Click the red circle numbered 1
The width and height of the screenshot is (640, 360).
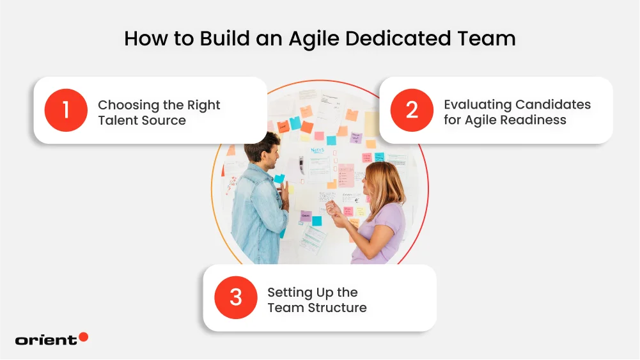click(65, 110)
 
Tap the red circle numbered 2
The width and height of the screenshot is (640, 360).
click(412, 110)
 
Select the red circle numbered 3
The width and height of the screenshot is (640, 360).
click(235, 298)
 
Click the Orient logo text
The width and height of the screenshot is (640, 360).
click(45, 340)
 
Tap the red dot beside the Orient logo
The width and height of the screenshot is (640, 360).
click(83, 337)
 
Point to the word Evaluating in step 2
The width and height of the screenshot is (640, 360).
click(478, 104)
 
